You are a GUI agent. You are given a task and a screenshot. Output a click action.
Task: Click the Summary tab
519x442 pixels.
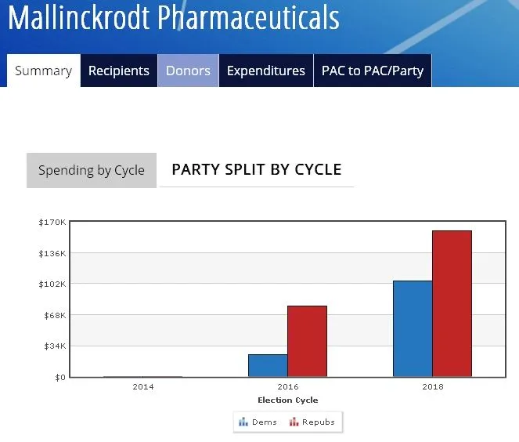(x=43, y=71)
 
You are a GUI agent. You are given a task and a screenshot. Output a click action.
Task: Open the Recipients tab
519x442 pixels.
(x=118, y=71)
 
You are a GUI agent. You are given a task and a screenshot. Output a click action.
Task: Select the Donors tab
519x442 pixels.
(x=188, y=71)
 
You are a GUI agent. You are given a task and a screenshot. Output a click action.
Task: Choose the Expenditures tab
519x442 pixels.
(x=265, y=71)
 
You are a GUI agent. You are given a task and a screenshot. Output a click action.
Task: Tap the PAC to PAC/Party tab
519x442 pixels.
(x=372, y=71)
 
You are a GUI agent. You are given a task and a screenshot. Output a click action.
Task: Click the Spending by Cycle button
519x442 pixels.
(x=92, y=170)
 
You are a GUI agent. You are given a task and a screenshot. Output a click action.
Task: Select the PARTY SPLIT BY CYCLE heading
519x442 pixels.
(x=256, y=169)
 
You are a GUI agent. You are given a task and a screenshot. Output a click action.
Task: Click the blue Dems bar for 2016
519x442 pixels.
(x=268, y=365)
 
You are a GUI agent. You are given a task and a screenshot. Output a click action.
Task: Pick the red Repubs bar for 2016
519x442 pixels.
(x=307, y=341)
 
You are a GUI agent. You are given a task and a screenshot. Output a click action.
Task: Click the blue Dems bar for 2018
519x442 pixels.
(x=413, y=328)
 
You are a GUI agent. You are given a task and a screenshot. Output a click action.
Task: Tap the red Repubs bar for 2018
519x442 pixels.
(x=452, y=303)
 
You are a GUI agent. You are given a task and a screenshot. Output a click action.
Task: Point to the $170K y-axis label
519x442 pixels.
(x=52, y=223)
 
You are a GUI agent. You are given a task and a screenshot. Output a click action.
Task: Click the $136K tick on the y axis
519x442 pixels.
(x=52, y=253)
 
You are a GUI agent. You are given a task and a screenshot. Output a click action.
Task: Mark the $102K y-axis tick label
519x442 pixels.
(x=52, y=284)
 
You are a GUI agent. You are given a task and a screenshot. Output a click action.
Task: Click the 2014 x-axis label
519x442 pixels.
(x=143, y=387)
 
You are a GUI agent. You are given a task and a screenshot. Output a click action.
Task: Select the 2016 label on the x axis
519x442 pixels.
(x=287, y=387)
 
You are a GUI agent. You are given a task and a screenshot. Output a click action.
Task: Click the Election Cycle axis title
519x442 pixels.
(x=287, y=400)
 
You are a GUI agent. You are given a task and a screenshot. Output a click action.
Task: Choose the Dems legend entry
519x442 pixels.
(x=259, y=422)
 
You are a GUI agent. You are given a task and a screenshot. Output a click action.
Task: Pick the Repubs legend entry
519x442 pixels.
(x=313, y=422)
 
